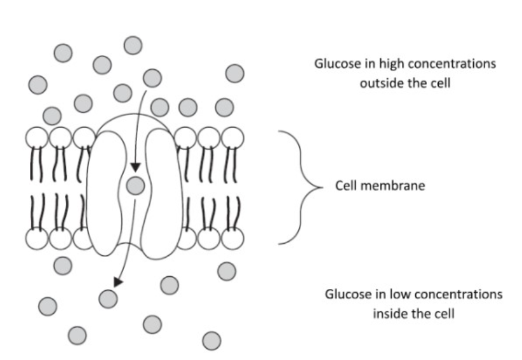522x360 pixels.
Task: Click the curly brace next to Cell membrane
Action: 298,187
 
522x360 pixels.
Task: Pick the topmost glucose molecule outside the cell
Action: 133,45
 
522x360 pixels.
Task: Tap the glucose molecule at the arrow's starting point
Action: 152,77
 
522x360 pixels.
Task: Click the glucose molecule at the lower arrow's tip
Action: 108,297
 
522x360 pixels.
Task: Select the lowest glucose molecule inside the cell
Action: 212,340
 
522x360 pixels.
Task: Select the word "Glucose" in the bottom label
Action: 349,295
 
